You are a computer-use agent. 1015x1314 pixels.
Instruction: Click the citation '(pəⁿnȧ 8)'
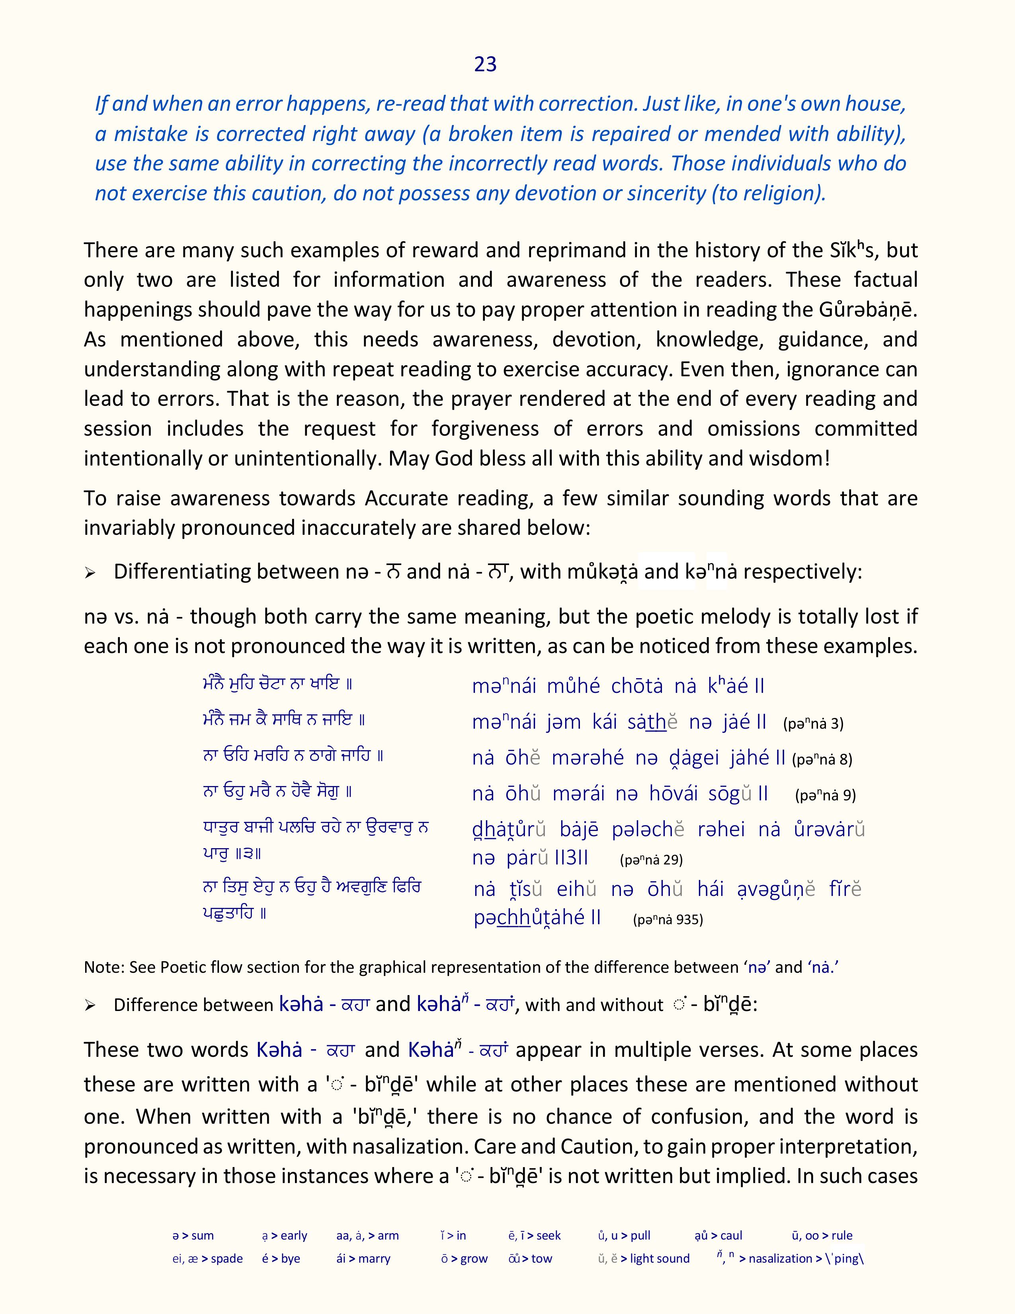pos(822,760)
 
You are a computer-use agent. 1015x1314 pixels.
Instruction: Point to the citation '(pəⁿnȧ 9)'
pos(825,796)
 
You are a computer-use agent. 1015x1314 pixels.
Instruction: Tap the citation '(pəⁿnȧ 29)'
pos(651,860)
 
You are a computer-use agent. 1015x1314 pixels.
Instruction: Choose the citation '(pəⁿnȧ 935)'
pos(668,919)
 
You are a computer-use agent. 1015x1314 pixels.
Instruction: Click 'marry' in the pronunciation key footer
pos(374,1259)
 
